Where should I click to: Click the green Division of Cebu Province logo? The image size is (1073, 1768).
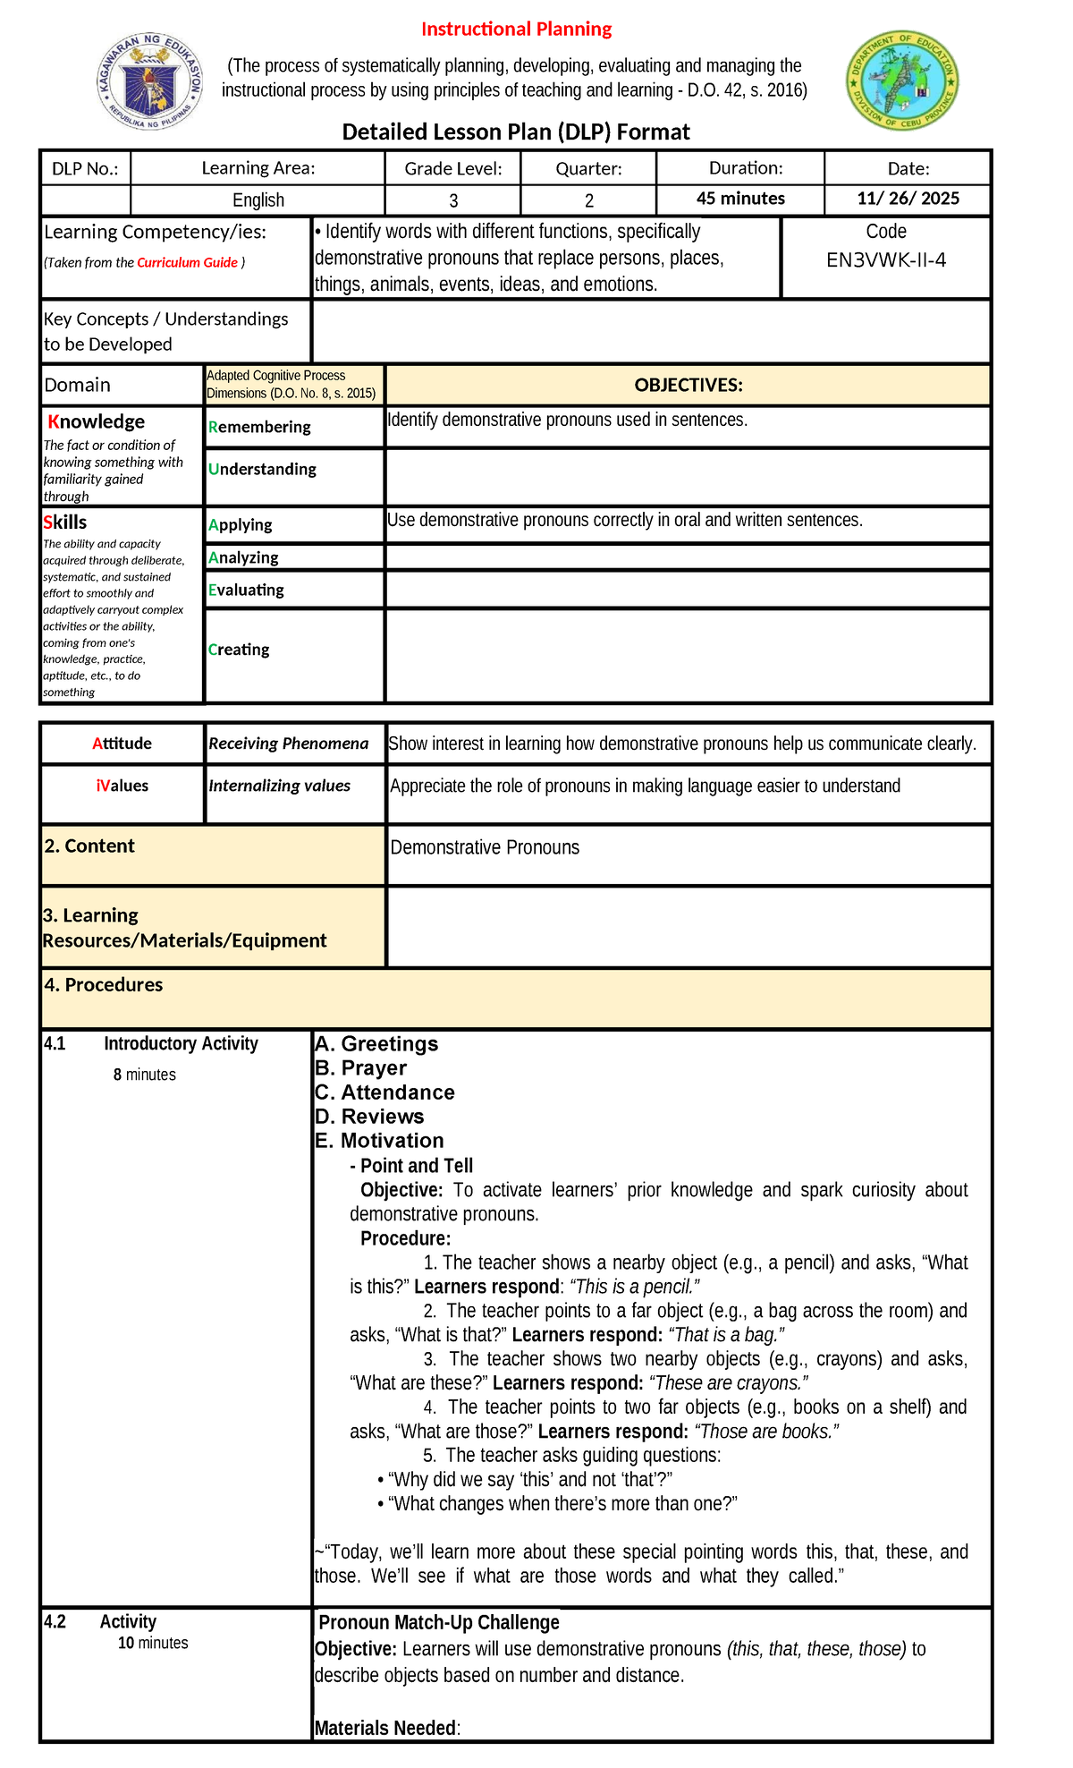[x=902, y=81]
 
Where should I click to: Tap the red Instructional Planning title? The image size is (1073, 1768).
[x=516, y=29]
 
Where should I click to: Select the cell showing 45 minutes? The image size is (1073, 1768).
[x=740, y=199]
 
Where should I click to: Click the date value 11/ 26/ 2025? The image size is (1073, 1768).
[x=908, y=199]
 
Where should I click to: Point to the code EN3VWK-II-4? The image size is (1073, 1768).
[x=885, y=260]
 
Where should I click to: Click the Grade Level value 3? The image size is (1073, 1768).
[x=453, y=200]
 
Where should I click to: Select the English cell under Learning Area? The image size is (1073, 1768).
[x=258, y=200]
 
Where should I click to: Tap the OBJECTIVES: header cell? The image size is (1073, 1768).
[x=688, y=386]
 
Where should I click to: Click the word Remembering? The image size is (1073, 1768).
[x=259, y=428]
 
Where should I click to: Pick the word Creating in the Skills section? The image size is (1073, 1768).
[x=239, y=650]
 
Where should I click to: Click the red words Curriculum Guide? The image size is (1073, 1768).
[x=188, y=263]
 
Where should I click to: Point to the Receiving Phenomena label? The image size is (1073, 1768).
[x=288, y=744]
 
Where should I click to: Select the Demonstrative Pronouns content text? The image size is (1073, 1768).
[x=485, y=847]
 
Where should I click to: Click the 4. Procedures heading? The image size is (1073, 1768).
[x=104, y=985]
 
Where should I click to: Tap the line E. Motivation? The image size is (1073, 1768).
[x=379, y=1141]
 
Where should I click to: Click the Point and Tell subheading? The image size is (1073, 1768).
[x=416, y=1166]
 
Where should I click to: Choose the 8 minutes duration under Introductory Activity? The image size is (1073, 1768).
[x=144, y=1075]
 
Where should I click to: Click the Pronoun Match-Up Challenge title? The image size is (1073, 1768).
[x=438, y=1623]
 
